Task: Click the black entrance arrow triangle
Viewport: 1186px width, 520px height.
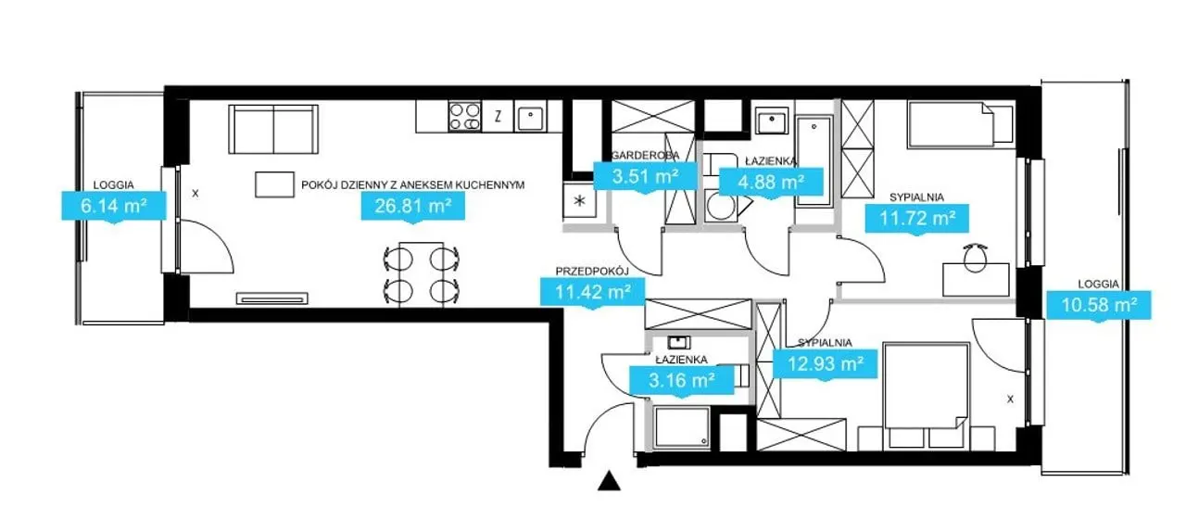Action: (609, 481)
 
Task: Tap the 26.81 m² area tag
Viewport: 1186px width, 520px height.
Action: (413, 206)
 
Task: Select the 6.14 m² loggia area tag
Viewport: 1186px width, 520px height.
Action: (114, 206)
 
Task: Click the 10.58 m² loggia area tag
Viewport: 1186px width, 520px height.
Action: (1099, 305)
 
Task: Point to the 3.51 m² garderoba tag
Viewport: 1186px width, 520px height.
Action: (646, 176)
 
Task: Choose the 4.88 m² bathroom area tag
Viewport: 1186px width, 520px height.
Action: (771, 183)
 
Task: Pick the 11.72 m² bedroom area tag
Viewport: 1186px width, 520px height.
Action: (917, 218)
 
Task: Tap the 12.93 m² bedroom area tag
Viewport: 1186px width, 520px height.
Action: (826, 363)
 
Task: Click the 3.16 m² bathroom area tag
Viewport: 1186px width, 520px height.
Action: (681, 380)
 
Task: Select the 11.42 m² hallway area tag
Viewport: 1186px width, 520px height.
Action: (592, 292)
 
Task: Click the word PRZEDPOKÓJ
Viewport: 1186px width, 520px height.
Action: (592, 272)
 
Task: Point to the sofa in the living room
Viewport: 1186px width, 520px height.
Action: (273, 129)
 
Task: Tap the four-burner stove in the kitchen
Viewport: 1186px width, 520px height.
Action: (464, 117)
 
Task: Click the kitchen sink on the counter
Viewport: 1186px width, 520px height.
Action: (530, 117)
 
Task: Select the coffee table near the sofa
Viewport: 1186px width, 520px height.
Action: (274, 184)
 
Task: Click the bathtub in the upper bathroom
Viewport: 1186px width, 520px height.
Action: (814, 161)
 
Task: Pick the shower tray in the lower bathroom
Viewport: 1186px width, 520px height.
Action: (682, 427)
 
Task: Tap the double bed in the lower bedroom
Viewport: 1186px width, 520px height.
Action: (926, 391)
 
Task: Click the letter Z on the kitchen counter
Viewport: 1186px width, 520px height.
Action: (498, 117)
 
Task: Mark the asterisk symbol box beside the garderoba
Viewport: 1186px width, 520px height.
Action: (580, 201)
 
